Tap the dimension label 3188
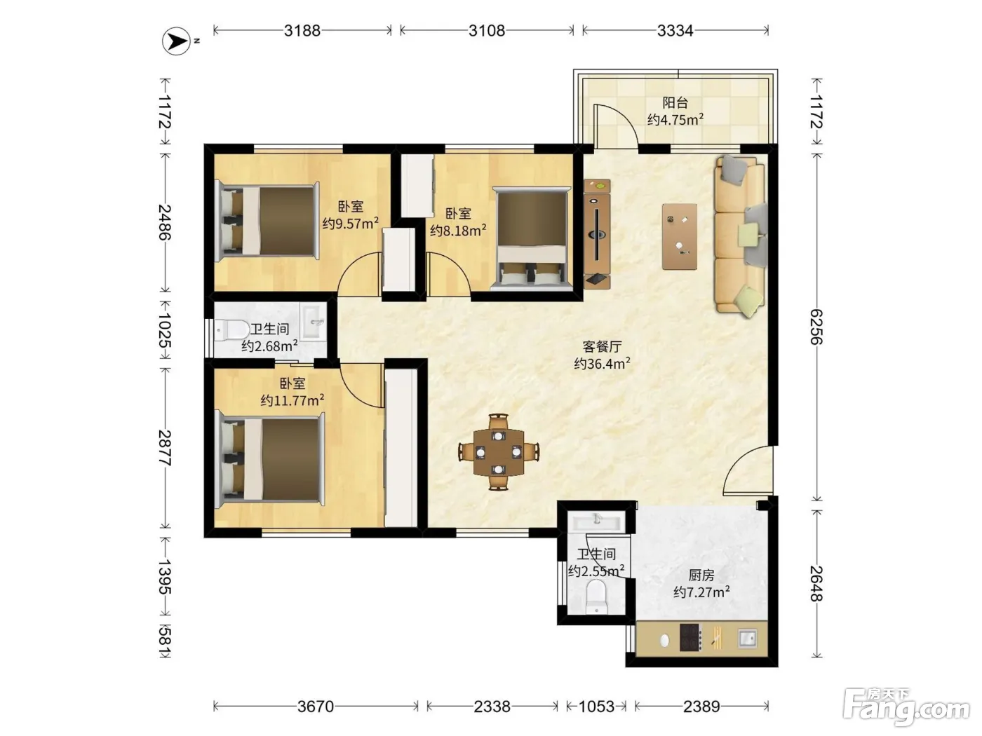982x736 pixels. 302,31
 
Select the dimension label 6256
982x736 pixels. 816,327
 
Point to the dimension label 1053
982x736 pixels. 596,707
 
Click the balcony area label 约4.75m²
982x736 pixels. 675,120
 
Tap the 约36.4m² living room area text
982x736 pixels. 602,363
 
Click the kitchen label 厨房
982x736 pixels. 701,575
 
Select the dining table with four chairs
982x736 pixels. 499,452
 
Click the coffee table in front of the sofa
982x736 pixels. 680,236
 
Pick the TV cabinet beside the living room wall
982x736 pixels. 597,234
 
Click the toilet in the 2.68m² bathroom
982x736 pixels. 231,330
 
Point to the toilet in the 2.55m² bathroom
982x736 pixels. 596,597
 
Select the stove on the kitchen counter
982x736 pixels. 690,637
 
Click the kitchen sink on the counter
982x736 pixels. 747,638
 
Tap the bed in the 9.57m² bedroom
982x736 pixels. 267,222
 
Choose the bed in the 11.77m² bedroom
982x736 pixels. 269,459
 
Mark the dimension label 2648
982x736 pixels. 816,584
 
